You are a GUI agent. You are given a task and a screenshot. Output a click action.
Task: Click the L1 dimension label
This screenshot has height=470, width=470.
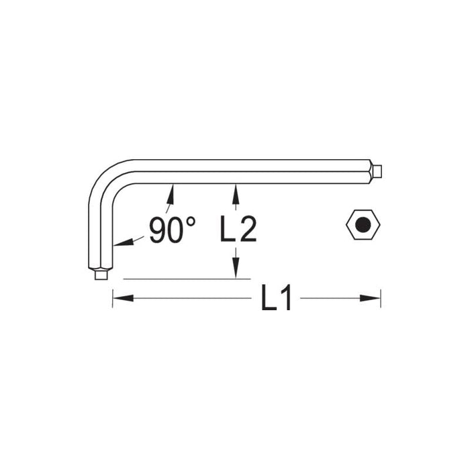pyautogui.click(x=276, y=298)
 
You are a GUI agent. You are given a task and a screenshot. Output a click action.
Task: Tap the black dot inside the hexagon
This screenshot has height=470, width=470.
pyautogui.click(x=363, y=224)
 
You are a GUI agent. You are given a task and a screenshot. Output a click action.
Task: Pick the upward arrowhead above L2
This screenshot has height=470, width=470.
pyautogui.click(x=235, y=193)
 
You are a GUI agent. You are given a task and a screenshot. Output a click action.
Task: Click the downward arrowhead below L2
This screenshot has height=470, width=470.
pyautogui.click(x=235, y=269)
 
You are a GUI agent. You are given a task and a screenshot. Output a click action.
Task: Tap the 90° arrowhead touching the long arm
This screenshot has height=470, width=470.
pyautogui.click(x=171, y=193)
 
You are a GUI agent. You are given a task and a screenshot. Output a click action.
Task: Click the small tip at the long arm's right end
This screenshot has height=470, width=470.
pyautogui.click(x=378, y=171)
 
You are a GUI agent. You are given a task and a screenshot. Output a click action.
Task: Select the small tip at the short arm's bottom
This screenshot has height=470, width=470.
pyautogui.click(x=101, y=274)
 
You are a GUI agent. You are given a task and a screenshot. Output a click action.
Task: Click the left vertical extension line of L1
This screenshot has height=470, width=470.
pyautogui.click(x=112, y=298)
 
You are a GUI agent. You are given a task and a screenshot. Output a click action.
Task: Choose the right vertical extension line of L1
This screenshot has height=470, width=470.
pyautogui.click(x=381, y=298)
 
